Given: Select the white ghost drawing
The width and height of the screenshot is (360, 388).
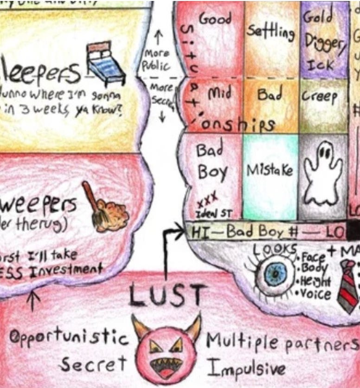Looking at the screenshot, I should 323,175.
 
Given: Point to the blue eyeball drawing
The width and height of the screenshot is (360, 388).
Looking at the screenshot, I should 276,275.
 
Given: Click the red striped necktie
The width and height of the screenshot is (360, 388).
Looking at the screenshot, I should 347,285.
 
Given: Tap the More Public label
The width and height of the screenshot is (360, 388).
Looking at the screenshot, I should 157,59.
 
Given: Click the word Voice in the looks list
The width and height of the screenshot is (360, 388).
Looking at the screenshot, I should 316,294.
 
